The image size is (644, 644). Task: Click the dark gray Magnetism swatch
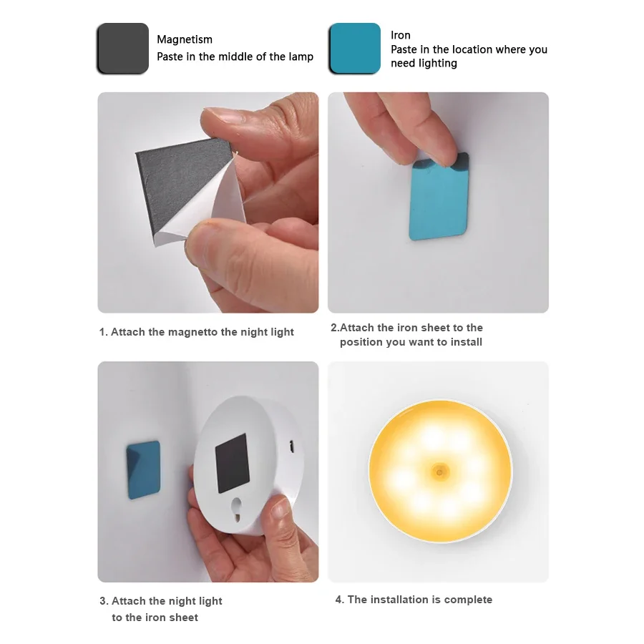coord(122,48)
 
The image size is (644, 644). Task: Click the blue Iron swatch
coord(354,48)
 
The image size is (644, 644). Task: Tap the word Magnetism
coord(185,39)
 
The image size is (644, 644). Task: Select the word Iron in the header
coord(400,35)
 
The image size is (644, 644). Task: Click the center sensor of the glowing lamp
coord(437,471)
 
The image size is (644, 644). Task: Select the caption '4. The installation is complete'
coord(414,600)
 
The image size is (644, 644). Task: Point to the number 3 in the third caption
coord(103,601)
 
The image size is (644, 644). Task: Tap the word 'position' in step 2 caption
coord(361,342)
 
